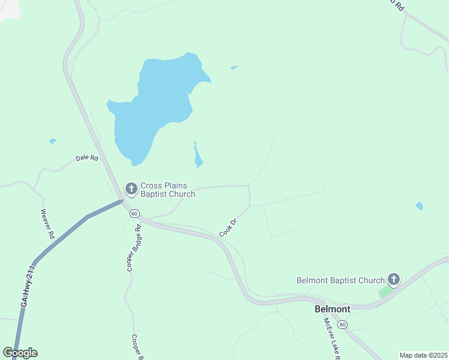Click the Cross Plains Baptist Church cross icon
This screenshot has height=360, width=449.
[x=131, y=189]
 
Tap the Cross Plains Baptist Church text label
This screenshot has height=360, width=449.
[x=167, y=190]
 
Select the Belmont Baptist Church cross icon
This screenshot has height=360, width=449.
[x=393, y=279]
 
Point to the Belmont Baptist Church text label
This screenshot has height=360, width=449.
[x=340, y=280]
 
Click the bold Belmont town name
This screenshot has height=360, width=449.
[x=333, y=309]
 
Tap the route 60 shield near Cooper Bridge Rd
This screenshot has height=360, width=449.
[x=134, y=214]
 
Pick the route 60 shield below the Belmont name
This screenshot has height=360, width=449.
[x=342, y=325]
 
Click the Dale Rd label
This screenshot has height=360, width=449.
[x=86, y=158]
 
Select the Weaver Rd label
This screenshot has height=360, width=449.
[x=47, y=224]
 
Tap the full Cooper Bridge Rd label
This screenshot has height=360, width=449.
[x=133, y=248]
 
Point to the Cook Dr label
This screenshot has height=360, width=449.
[x=229, y=227]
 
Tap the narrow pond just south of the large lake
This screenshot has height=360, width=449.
[x=197, y=157]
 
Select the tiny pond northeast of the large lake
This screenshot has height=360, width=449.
[x=235, y=67]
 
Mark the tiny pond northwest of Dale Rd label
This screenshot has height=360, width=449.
[x=53, y=141]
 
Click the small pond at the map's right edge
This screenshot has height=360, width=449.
[x=419, y=206]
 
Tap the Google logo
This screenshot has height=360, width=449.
[x=20, y=353]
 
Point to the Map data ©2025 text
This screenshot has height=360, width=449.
[x=423, y=355]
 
